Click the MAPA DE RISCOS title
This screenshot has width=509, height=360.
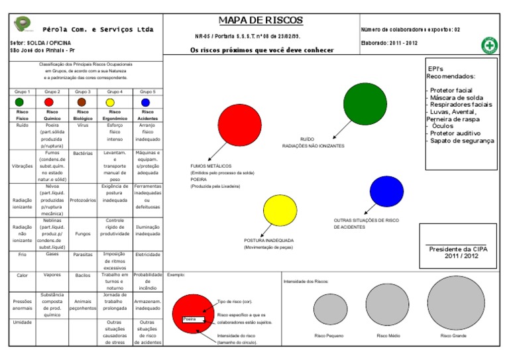[x=260, y=21]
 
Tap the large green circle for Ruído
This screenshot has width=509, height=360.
[x=365, y=103]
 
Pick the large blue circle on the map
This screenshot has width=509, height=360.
[x=386, y=192]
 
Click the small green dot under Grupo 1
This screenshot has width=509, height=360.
[x=19, y=102]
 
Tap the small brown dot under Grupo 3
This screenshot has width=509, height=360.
[x=82, y=102]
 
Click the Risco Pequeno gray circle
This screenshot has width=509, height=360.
[x=330, y=309]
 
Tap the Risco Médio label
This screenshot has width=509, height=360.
[x=388, y=336]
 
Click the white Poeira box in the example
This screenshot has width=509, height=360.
[x=193, y=319]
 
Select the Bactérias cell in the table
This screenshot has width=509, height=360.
[x=82, y=153]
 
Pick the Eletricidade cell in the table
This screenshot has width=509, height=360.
[x=148, y=255]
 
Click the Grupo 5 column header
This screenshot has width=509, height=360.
[x=148, y=91]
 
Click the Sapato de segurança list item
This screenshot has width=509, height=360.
[x=462, y=141]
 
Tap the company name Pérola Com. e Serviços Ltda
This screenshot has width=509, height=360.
[x=97, y=29]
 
